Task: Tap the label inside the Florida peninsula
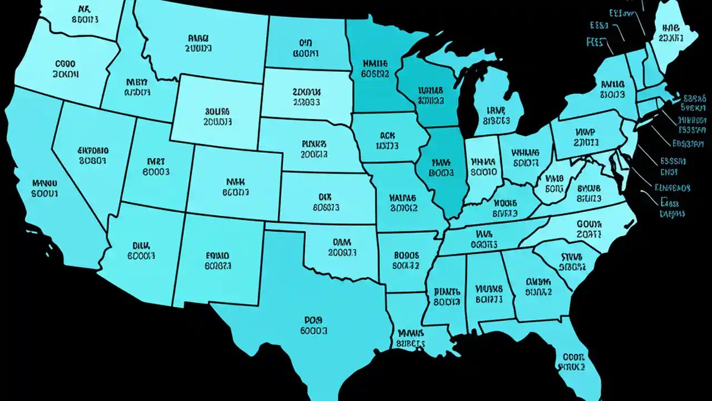click(572, 362)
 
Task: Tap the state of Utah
click(156, 167)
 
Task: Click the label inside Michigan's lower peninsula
click(496, 115)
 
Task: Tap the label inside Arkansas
click(406, 260)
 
